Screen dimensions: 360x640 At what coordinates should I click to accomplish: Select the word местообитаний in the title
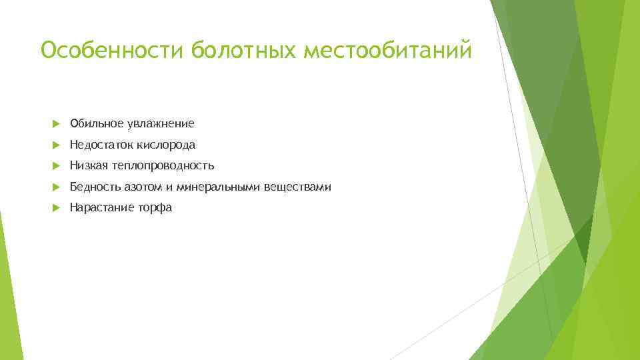(388, 51)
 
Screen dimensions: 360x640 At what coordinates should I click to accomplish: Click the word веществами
(297, 187)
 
